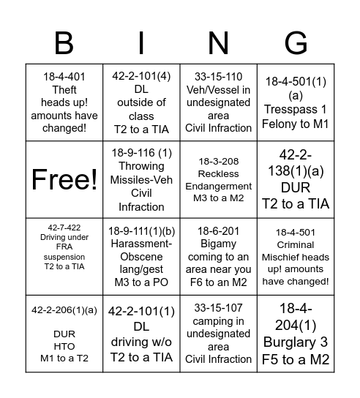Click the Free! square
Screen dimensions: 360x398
point(64,179)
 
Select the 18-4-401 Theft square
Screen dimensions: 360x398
point(64,102)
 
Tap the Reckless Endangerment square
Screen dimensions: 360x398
point(219,179)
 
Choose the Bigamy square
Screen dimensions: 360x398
point(219,256)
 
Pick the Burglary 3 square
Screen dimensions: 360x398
point(296,333)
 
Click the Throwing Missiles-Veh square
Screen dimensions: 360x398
point(140,179)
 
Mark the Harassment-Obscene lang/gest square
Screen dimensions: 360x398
point(140,256)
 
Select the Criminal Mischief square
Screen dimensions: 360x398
point(296,256)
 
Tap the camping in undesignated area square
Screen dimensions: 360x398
point(219,333)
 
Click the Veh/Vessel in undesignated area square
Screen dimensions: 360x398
point(219,102)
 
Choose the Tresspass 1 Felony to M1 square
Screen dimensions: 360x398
point(296,102)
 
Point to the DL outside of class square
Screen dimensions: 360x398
point(140,102)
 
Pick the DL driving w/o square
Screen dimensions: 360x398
point(140,333)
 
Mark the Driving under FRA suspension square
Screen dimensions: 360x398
point(64,256)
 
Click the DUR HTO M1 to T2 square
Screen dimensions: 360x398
point(64,333)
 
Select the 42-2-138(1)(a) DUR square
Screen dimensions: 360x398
point(296,179)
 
